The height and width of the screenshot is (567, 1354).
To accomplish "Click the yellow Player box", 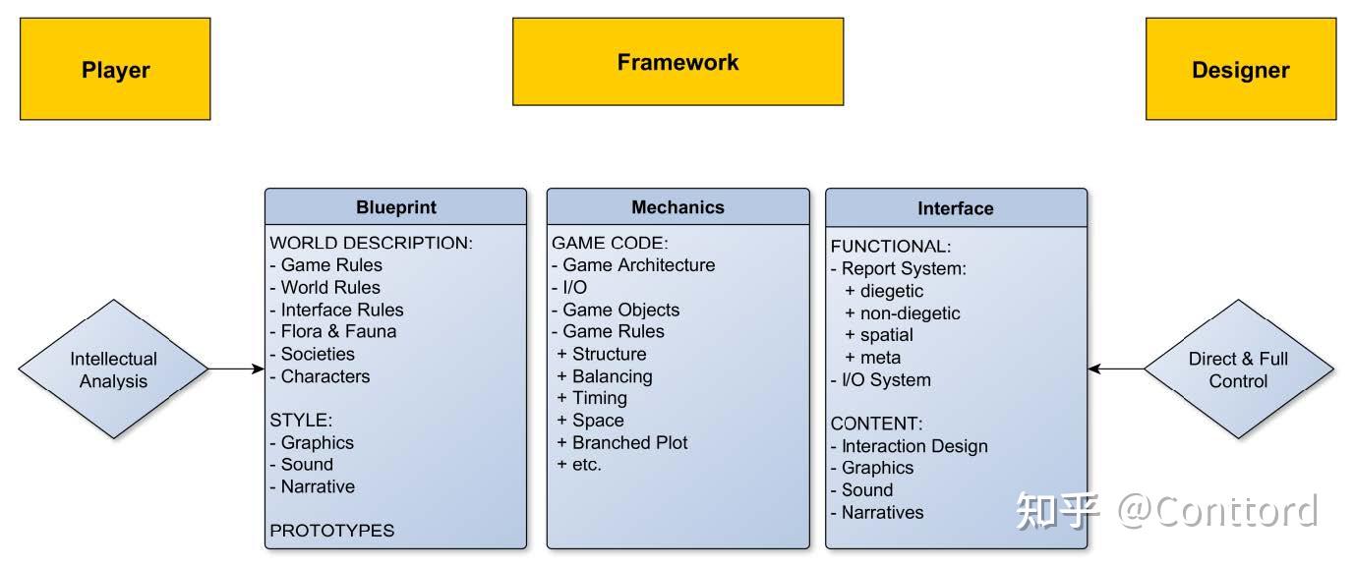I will click(115, 70).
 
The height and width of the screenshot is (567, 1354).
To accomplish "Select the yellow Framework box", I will click(677, 62).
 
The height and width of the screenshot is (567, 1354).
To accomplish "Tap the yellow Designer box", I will click(1240, 70).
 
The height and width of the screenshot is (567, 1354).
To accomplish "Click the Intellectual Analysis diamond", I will click(113, 369).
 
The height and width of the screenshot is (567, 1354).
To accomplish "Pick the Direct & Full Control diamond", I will click(1238, 369).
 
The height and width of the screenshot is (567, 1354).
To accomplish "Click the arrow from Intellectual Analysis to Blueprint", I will click(236, 369).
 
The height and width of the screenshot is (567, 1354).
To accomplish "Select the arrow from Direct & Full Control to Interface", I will click(1116, 369).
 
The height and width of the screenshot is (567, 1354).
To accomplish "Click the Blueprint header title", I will click(395, 207).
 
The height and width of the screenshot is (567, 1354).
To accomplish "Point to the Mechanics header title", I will click(677, 207).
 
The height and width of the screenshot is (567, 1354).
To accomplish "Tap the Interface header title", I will click(955, 208).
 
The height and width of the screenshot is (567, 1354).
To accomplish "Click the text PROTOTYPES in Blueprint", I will click(332, 531).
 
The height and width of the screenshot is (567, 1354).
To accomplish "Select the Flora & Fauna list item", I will click(338, 331).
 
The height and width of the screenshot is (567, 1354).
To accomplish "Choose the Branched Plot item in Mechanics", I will click(629, 442).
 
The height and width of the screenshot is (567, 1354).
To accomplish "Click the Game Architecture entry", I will click(638, 264).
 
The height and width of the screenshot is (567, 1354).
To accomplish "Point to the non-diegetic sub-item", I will click(910, 313).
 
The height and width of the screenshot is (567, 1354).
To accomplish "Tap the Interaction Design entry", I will click(913, 446).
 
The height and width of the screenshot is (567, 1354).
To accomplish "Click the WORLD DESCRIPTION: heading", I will click(372, 243).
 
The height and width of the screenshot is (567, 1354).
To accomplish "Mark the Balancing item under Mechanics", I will click(612, 376).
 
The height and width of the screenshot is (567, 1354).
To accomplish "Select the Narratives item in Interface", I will click(882, 512).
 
